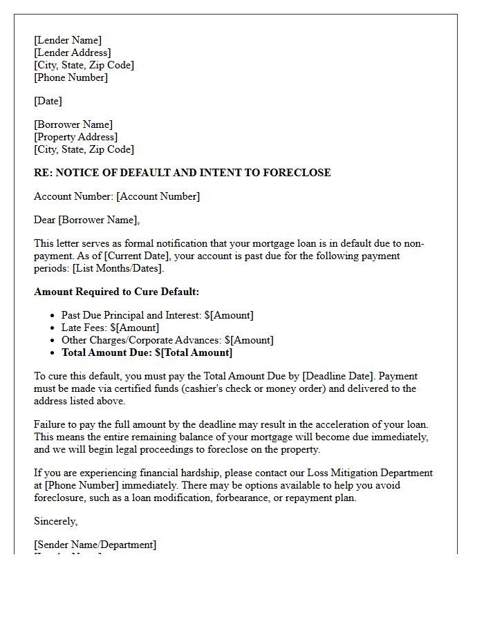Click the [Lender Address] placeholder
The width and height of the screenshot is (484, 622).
(72, 53)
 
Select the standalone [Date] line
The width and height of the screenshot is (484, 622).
(48, 101)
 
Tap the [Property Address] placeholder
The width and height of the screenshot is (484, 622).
(75, 137)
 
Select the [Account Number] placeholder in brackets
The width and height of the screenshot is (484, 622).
(158, 196)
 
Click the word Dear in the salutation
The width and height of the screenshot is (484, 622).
(45, 220)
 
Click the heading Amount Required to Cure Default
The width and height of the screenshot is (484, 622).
(116, 292)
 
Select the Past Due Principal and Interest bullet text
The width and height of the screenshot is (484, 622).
(131, 315)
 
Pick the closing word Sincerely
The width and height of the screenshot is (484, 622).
(55, 521)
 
